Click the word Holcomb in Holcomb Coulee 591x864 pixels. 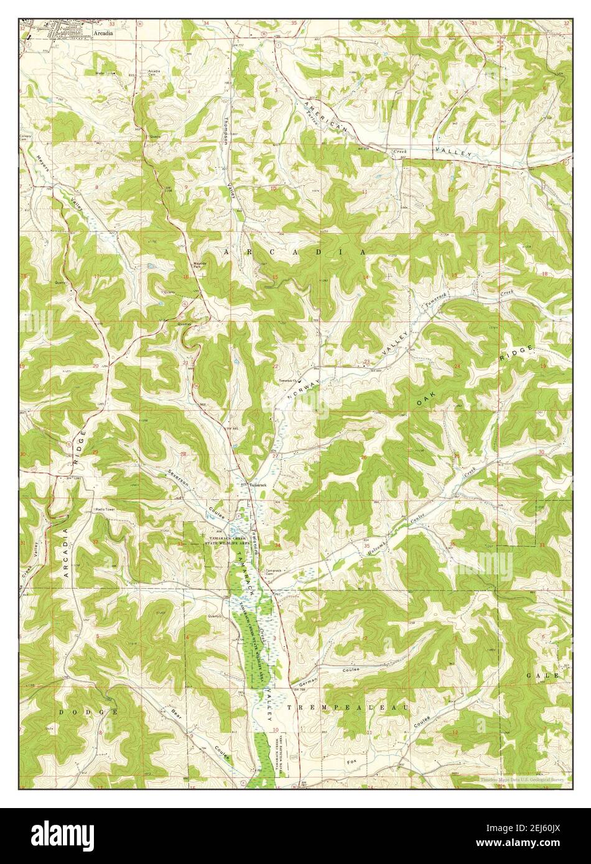point(377,547)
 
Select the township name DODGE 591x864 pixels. point(88,710)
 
